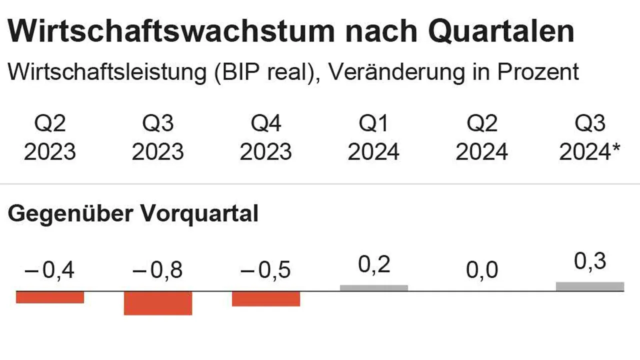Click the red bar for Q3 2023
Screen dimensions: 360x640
click(x=158, y=303)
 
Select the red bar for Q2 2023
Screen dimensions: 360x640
click(x=50, y=297)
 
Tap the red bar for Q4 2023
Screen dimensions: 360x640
click(x=266, y=298)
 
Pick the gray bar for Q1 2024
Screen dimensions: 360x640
click(x=374, y=288)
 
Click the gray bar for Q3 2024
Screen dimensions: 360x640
click(x=590, y=286)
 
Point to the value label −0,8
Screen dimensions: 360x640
click(x=158, y=271)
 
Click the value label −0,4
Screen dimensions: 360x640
click(x=50, y=271)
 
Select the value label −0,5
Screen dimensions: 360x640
click(x=266, y=271)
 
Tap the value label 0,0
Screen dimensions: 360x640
click(x=482, y=271)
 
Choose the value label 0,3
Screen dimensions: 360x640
click(x=590, y=262)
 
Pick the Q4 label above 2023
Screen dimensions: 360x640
click(x=266, y=123)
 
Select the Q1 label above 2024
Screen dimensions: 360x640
click(x=374, y=123)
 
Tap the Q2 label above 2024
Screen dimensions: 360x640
click(x=482, y=123)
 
